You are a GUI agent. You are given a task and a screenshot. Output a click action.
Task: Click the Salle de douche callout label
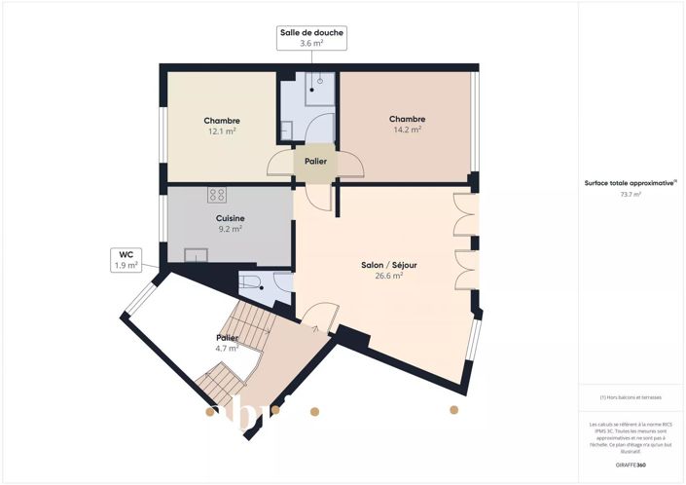coord(311,33)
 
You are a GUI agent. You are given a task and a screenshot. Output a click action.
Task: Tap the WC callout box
coord(126,259)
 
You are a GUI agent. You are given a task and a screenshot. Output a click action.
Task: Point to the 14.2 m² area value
coord(407,129)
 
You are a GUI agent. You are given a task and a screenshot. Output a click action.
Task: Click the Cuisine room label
coord(231,218)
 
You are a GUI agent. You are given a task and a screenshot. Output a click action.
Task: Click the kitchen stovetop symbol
coord(216,195)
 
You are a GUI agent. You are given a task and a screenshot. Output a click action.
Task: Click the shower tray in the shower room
coord(319,87)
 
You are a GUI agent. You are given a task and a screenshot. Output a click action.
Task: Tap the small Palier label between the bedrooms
coord(315,162)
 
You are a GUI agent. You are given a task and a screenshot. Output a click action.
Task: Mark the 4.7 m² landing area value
coord(227,348)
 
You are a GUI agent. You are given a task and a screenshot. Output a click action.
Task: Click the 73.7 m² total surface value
coord(632,195)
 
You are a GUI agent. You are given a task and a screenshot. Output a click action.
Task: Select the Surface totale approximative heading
coord(630,183)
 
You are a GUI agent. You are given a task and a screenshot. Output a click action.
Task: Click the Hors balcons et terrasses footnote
coord(632,397)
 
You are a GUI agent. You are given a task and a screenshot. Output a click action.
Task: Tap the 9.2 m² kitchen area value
coord(231,229)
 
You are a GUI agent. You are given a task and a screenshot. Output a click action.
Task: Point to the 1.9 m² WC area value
coord(126,265)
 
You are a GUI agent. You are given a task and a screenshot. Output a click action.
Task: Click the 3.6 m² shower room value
coord(311,43)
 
